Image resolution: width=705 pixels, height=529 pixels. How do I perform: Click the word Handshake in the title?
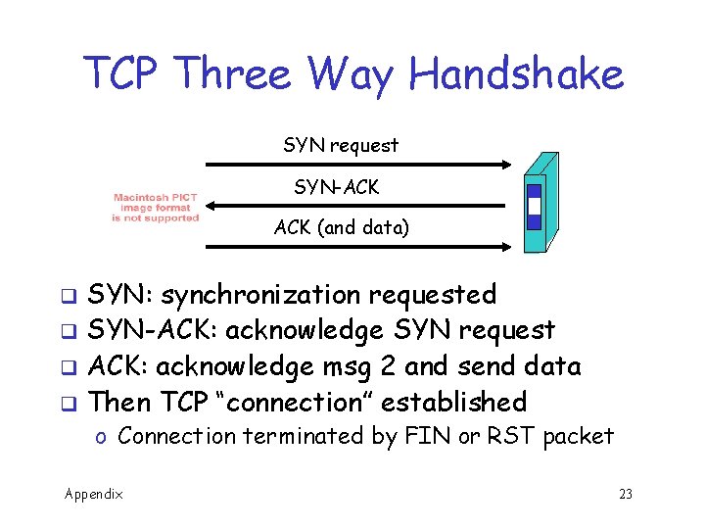click(x=516, y=73)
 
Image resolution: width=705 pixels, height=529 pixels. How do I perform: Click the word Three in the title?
click(x=238, y=73)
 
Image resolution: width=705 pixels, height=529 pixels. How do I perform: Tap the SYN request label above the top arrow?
click(x=341, y=146)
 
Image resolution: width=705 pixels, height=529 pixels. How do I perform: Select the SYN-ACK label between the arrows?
click(x=337, y=187)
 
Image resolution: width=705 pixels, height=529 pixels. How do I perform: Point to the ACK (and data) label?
click(x=342, y=228)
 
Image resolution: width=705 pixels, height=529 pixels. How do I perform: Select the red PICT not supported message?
click(x=155, y=208)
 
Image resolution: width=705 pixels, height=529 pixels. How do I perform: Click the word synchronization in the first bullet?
click(x=261, y=295)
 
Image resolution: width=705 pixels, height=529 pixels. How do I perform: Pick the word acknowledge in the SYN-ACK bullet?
click(x=305, y=331)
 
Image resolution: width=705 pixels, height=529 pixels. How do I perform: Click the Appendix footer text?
click(x=94, y=494)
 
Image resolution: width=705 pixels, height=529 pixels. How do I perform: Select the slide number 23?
click(x=626, y=494)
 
